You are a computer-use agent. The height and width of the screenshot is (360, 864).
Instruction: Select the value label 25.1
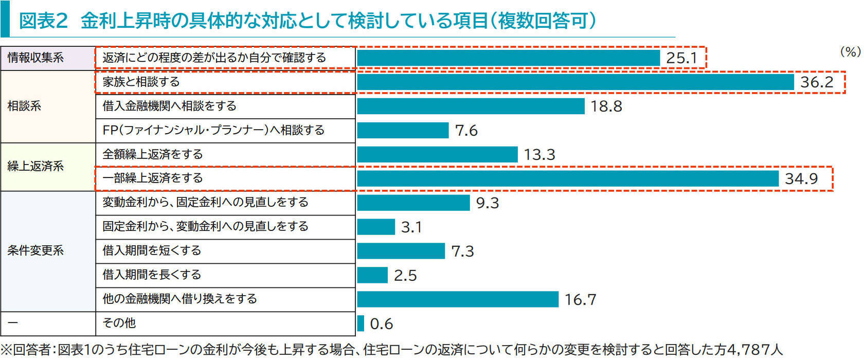pos(681,58)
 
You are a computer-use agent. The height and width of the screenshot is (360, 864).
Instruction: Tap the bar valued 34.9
pos(568,178)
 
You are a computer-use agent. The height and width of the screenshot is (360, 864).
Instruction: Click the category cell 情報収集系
pos(35,58)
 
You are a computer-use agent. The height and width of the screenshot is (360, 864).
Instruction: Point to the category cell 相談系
pos(24,106)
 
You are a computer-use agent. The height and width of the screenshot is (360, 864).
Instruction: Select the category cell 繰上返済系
pos(35,166)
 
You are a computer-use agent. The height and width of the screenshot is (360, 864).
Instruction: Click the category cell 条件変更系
pos(35,250)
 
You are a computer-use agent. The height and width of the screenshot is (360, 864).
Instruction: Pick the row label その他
pos(119,323)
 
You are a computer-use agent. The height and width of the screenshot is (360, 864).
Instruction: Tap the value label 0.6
pos(381,323)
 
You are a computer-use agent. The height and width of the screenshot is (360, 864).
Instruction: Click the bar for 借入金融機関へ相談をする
pos(471,106)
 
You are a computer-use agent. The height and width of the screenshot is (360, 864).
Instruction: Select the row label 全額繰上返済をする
pos(153,154)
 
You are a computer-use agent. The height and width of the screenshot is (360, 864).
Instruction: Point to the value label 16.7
pos(580,299)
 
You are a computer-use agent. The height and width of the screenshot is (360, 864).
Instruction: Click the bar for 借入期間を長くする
pos(372,275)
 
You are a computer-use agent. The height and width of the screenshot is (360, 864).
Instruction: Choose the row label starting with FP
pos(213,130)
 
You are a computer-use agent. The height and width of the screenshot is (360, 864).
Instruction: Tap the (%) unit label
pos(850,51)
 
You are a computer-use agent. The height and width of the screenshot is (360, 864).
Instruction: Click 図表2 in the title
pos(43,21)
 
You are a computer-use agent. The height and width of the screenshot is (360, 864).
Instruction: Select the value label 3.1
pos(411,227)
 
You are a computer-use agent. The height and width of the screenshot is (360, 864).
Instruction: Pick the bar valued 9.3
pos(413,203)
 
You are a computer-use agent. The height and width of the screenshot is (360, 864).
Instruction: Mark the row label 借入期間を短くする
pos(152,250)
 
